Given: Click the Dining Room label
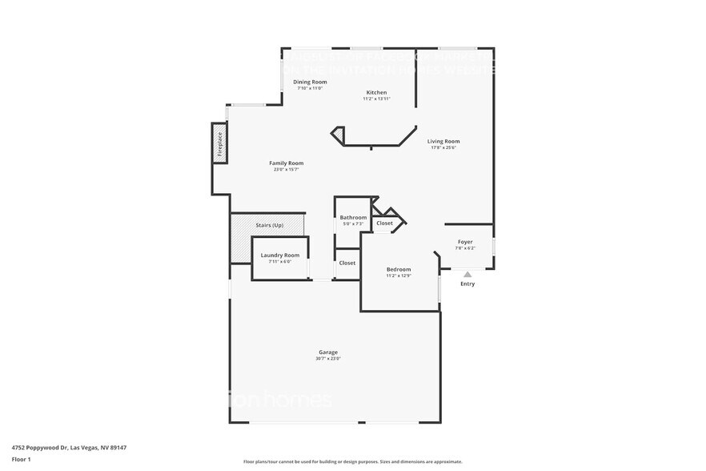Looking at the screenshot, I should point(310,82).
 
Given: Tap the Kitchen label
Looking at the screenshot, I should point(376,92).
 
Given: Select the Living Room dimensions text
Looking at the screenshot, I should point(443,147).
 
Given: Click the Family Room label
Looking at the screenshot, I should point(286,163).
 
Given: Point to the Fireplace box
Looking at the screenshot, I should point(219,144).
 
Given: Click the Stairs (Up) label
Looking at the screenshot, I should point(269,225).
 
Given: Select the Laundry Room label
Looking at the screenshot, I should point(280,255).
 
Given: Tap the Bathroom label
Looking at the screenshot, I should point(353,217).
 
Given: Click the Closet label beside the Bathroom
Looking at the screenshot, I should point(384,223).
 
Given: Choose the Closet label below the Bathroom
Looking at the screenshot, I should point(347,263).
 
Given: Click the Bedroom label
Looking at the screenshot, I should point(399,269).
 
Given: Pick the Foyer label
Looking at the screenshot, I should point(465,242).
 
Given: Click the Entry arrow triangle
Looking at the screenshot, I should point(467,274).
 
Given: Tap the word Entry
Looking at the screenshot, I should point(467,284).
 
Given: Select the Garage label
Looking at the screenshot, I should point(328,352).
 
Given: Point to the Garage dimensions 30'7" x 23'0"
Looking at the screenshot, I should point(328,358).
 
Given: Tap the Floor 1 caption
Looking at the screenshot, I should point(21,459).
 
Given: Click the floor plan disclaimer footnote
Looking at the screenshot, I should point(352,461).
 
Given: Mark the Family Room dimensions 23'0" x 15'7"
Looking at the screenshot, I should point(286,169).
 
